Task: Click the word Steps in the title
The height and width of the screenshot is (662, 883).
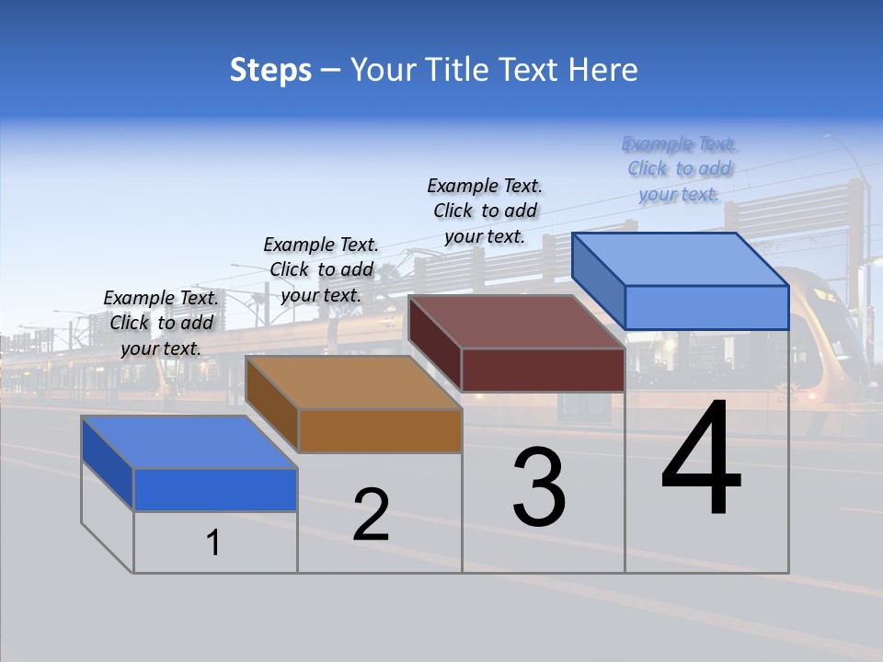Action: [x=270, y=70]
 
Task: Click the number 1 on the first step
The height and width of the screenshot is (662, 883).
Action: [x=213, y=543]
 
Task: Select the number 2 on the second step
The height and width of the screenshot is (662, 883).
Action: [x=371, y=515]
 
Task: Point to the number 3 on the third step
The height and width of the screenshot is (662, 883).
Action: [x=539, y=488]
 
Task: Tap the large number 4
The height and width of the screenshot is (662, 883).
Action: [x=701, y=460]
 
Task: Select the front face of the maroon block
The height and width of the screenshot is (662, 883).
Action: [x=543, y=370]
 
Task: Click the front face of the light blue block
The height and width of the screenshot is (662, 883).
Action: [x=706, y=307]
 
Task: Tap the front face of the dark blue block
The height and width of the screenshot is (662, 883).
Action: [x=215, y=489]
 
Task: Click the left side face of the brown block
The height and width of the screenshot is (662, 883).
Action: [x=271, y=405]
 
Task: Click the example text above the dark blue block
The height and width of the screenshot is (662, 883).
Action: [x=161, y=323]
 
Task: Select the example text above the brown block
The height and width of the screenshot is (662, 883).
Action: [x=321, y=269]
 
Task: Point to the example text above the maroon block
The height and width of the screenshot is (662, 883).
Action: [x=485, y=211]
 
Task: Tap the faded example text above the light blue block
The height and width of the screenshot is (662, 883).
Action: [x=679, y=169]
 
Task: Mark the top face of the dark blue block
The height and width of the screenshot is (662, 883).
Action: [x=189, y=442]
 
